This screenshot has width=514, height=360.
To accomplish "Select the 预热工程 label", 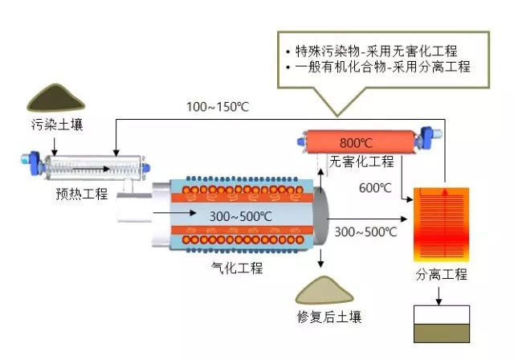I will point(82,194).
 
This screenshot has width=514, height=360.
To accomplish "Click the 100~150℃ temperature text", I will point(217,107).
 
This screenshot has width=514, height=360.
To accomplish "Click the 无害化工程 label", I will point(362,162).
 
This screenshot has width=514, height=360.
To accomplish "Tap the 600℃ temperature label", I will point(375,188).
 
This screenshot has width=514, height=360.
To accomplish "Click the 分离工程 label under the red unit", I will point(441,275).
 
